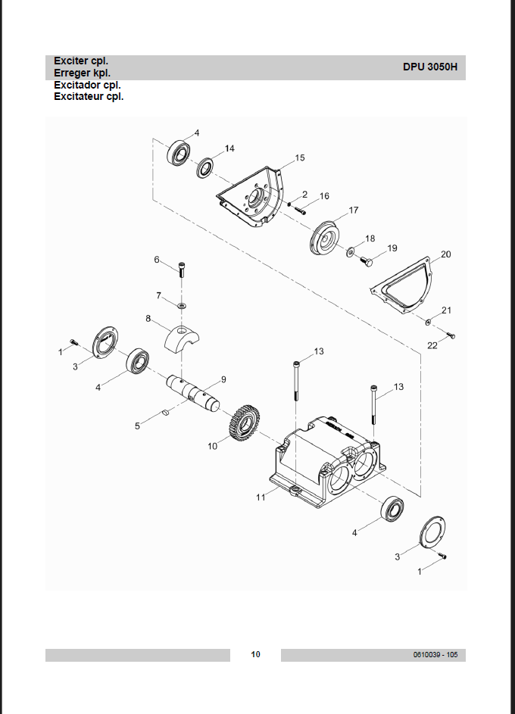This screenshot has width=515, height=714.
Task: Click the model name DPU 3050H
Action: pos(430,67)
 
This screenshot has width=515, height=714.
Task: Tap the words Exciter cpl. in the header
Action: pos(81,61)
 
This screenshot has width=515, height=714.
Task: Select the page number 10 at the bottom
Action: pos(255,654)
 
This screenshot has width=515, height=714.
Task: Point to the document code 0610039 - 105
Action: pos(435,655)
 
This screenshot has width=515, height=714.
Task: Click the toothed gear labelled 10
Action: pos(244,421)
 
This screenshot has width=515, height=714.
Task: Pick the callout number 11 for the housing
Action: pos(261,497)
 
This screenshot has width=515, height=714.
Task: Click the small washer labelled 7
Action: pos(182,304)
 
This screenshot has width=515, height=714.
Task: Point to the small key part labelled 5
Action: pos(166,413)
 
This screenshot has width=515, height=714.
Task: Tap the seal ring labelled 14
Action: pos(205,167)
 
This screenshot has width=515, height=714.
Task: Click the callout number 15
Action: pos(300,158)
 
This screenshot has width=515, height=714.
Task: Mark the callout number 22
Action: pos(432,345)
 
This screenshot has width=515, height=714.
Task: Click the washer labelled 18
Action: pos(351,251)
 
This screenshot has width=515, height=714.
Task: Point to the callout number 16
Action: pos(324,196)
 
